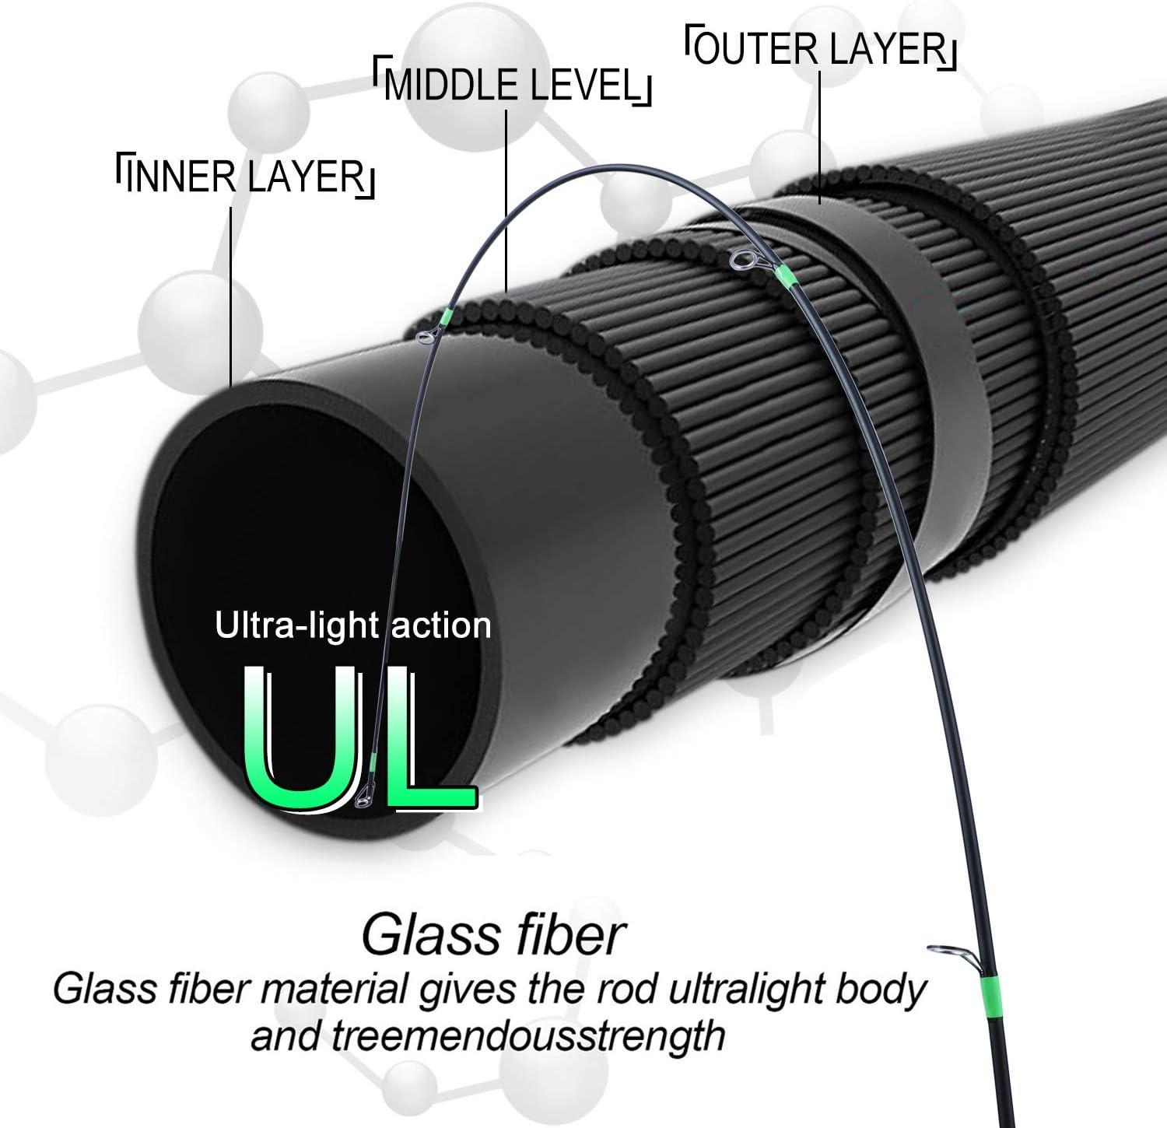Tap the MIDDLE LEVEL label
511,85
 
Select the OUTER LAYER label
821,49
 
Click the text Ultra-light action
353,625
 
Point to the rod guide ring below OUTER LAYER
740,260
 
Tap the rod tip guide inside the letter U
363,797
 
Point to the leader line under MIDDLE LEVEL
507,201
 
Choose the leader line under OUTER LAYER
820,138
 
